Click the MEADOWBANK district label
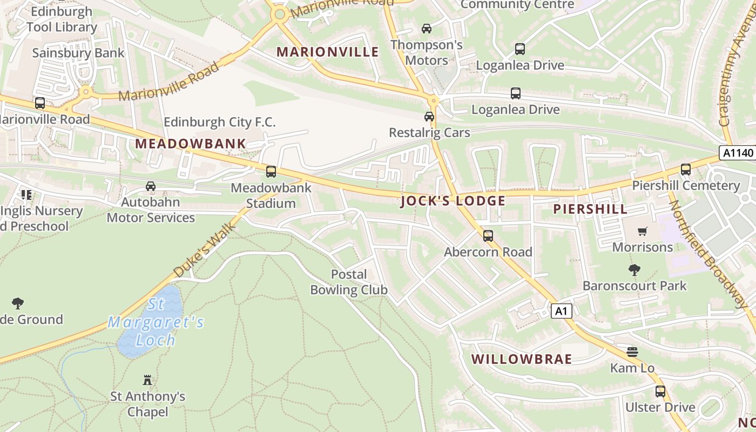pyautogui.click(x=191, y=144)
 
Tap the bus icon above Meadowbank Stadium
pyautogui.click(x=271, y=172)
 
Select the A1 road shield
pyautogui.click(x=562, y=311)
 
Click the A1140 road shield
pyautogui.click(x=738, y=153)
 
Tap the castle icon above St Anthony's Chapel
pyautogui.click(x=147, y=380)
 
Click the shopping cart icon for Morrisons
pyautogui.click(x=642, y=232)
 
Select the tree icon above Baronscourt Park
pyautogui.click(x=634, y=269)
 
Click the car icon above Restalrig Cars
pyautogui.click(x=429, y=117)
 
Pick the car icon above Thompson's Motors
pyautogui.click(x=427, y=29)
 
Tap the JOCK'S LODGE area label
pyautogui.click(x=453, y=201)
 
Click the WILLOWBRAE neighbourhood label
pyautogui.click(x=521, y=360)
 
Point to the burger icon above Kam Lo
pyautogui.click(x=632, y=353)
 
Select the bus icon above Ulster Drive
pyautogui.click(x=660, y=391)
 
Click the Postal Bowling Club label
pyautogui.click(x=349, y=282)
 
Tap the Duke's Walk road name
pyautogui.click(x=206, y=249)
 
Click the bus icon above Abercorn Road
pyautogui.click(x=488, y=236)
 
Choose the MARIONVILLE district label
pyautogui.click(x=328, y=52)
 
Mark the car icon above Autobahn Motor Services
pyautogui.click(x=151, y=187)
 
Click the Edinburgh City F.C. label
pyautogui.click(x=219, y=122)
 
